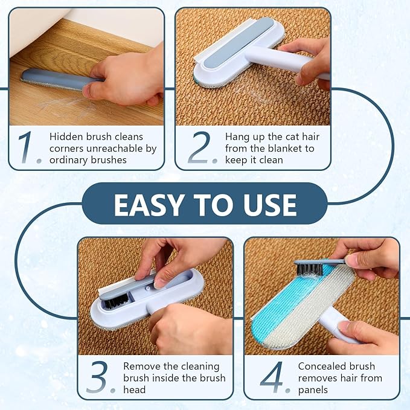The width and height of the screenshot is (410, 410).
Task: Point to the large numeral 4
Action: (272, 377)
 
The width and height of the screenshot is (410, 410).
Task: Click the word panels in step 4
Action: (313, 390)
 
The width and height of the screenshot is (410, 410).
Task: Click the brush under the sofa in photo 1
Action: (54, 80)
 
